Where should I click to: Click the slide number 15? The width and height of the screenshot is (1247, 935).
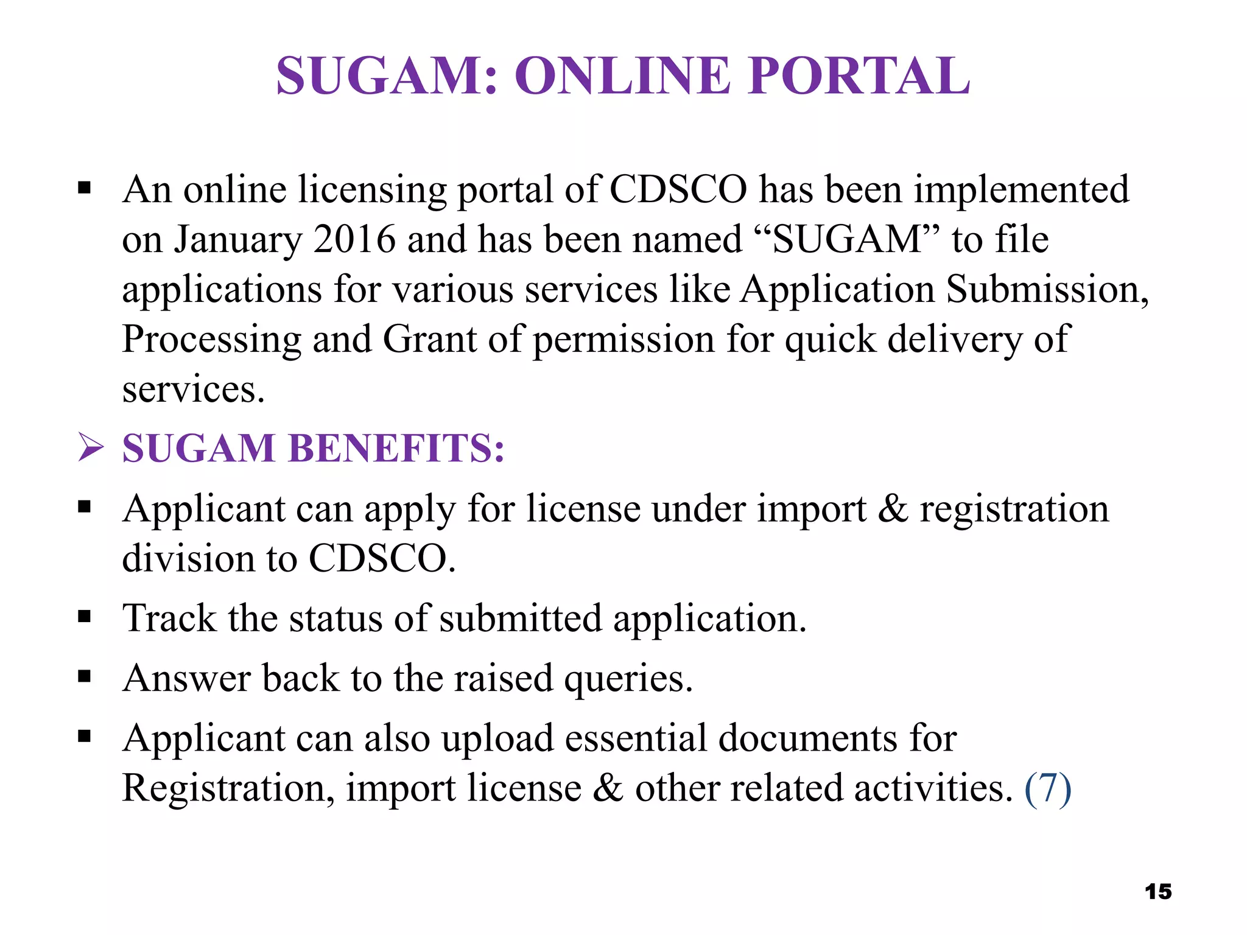pos(1158,892)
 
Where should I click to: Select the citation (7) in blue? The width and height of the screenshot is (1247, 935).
pos(1048,789)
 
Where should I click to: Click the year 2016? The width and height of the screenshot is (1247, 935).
pos(354,239)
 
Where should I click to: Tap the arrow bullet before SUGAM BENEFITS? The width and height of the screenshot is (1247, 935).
pos(91,448)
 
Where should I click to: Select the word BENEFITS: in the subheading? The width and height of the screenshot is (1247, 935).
pos(396,449)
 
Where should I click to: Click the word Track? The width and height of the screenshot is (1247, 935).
pos(169,618)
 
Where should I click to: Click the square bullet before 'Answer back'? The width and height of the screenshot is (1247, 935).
pos(85,676)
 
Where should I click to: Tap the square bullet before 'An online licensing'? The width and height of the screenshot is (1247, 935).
pos(85,187)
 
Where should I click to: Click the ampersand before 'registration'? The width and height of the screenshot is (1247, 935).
pos(892,509)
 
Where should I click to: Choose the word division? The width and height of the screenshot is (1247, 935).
pos(188,558)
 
